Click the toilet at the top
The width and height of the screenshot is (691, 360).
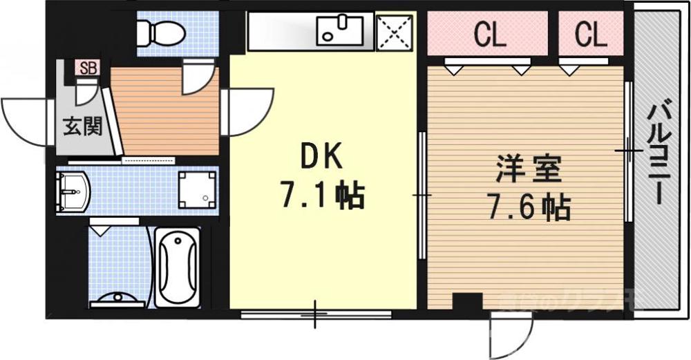(x=160, y=31)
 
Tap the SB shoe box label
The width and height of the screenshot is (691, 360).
(x=88, y=68)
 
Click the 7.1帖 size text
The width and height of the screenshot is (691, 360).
(x=322, y=196)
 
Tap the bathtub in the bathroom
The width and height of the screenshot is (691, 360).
(x=178, y=266)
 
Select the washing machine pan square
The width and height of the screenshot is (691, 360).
(x=197, y=189)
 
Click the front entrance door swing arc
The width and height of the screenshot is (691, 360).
(x=21, y=117)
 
